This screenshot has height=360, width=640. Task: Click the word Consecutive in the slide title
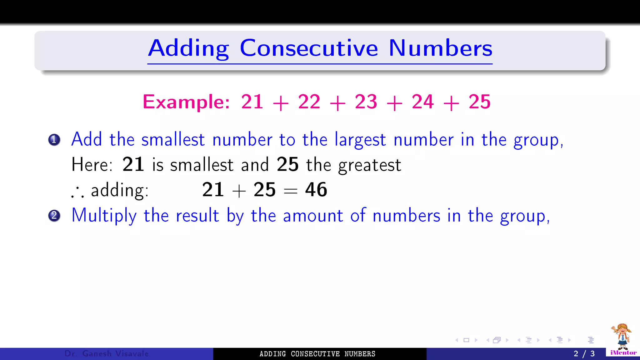pos(309,48)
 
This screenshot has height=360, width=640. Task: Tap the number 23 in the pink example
pos(366,102)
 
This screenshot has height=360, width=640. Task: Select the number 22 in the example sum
pos(309,102)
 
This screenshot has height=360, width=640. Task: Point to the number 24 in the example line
pos(423,102)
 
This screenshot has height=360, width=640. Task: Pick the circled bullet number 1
pos(54,140)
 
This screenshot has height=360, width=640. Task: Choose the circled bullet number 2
pos(54,216)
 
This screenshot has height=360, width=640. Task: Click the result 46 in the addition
pos(316,190)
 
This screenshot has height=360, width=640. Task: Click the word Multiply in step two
pos(104,216)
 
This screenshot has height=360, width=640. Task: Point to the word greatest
pos(370,165)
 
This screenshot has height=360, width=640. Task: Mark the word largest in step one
pos(360,140)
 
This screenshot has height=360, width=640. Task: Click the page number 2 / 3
pos(584,354)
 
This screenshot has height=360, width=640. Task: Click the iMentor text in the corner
pos(623,353)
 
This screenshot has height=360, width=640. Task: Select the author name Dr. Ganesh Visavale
pos(107,354)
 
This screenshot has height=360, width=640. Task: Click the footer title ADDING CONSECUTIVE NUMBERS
pos(317,354)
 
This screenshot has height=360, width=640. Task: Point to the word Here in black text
pos(92,165)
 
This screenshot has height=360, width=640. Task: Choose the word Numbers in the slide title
pos(440,48)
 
